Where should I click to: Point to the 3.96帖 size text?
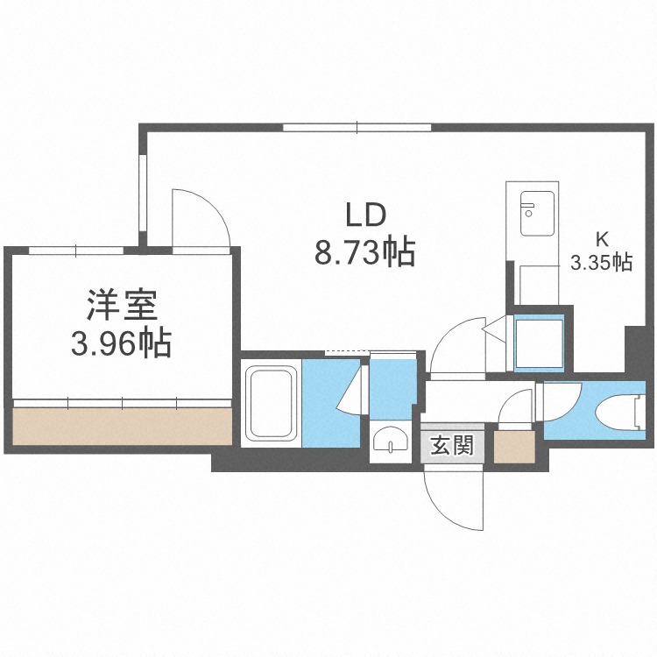pyautogui.click(x=122, y=344)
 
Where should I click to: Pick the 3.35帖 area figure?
pyautogui.click(x=601, y=262)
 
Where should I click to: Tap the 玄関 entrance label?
pyautogui.click(x=452, y=447)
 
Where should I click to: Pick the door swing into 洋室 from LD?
pyautogui.click(x=201, y=218)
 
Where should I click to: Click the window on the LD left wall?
pyautogui.click(x=142, y=196)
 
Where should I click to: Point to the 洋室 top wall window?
pyautogui.click(x=76, y=251)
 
